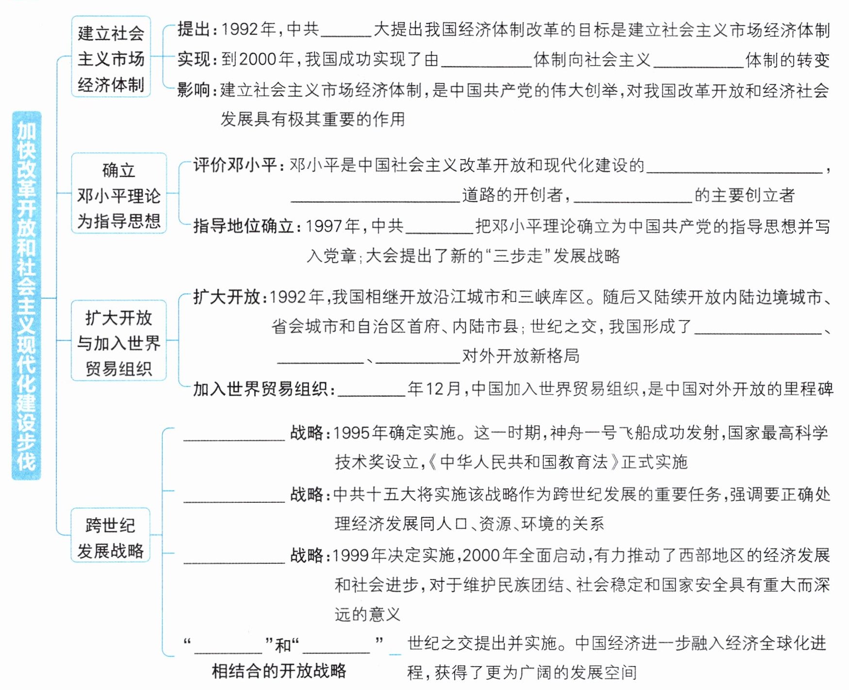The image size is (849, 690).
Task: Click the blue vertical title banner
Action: [27, 295]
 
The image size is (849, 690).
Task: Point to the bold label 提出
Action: [194, 30]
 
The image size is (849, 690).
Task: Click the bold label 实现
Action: [194, 59]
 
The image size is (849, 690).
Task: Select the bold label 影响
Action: [194, 90]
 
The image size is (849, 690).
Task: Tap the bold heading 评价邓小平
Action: [236, 165]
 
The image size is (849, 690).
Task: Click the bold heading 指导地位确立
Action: [245, 226]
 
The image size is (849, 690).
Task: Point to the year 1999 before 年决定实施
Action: [351, 556]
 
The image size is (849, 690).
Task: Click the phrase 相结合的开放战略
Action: [279, 671]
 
